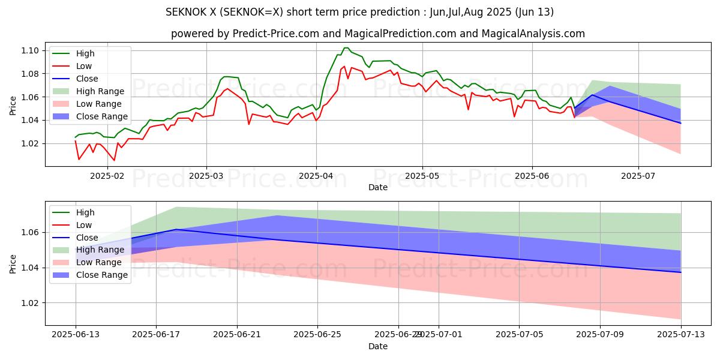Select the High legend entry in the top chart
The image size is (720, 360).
(82, 53)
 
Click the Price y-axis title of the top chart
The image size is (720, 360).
(13, 106)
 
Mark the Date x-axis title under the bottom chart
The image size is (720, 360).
(378, 346)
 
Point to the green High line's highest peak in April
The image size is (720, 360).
(346, 48)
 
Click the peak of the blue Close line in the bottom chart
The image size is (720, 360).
(176, 229)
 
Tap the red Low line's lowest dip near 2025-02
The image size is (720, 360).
(114, 160)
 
